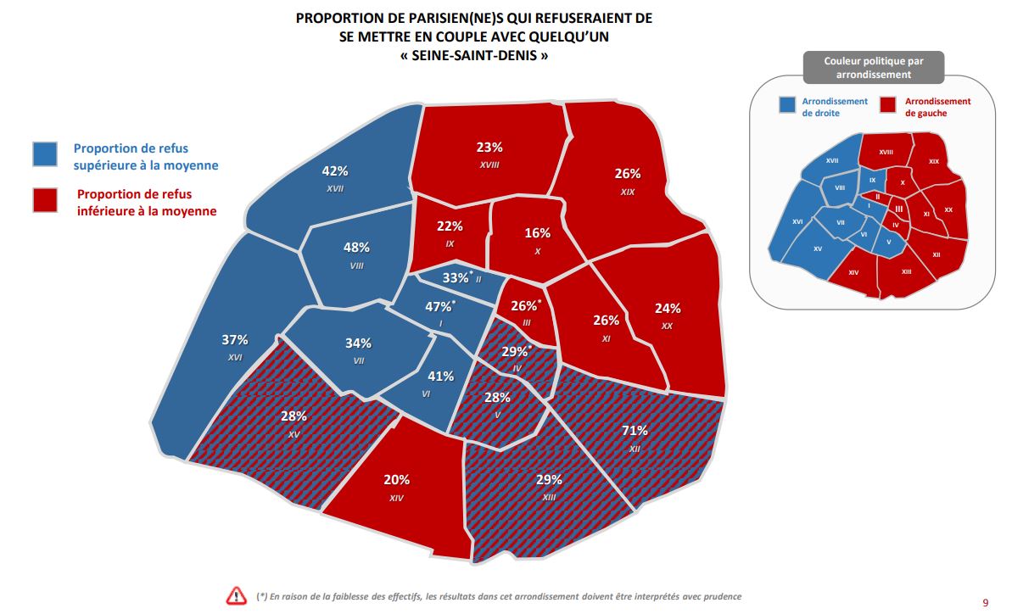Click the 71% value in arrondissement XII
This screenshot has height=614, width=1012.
(x=635, y=430)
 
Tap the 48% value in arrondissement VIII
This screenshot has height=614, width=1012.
(x=356, y=248)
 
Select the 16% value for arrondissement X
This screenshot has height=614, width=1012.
(x=538, y=233)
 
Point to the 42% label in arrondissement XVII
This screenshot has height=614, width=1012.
(x=336, y=170)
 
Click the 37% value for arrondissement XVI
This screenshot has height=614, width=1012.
(x=235, y=340)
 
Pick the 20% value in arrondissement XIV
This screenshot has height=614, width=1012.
(x=396, y=478)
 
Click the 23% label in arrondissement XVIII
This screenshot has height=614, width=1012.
(x=489, y=147)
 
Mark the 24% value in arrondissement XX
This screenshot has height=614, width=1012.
(x=668, y=308)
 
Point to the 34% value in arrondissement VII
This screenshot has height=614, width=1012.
(x=358, y=343)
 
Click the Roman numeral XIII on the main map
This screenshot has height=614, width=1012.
(x=549, y=497)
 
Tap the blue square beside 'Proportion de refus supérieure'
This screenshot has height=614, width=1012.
(x=45, y=154)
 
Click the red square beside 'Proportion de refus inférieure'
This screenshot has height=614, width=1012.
(x=45, y=200)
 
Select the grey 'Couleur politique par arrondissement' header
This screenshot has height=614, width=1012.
(x=873, y=68)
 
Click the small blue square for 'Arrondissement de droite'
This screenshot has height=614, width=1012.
(x=788, y=105)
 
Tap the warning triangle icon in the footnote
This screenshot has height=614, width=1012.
(x=236, y=596)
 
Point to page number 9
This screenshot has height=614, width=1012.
(x=985, y=603)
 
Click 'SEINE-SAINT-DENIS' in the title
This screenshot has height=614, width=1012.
(x=473, y=56)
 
